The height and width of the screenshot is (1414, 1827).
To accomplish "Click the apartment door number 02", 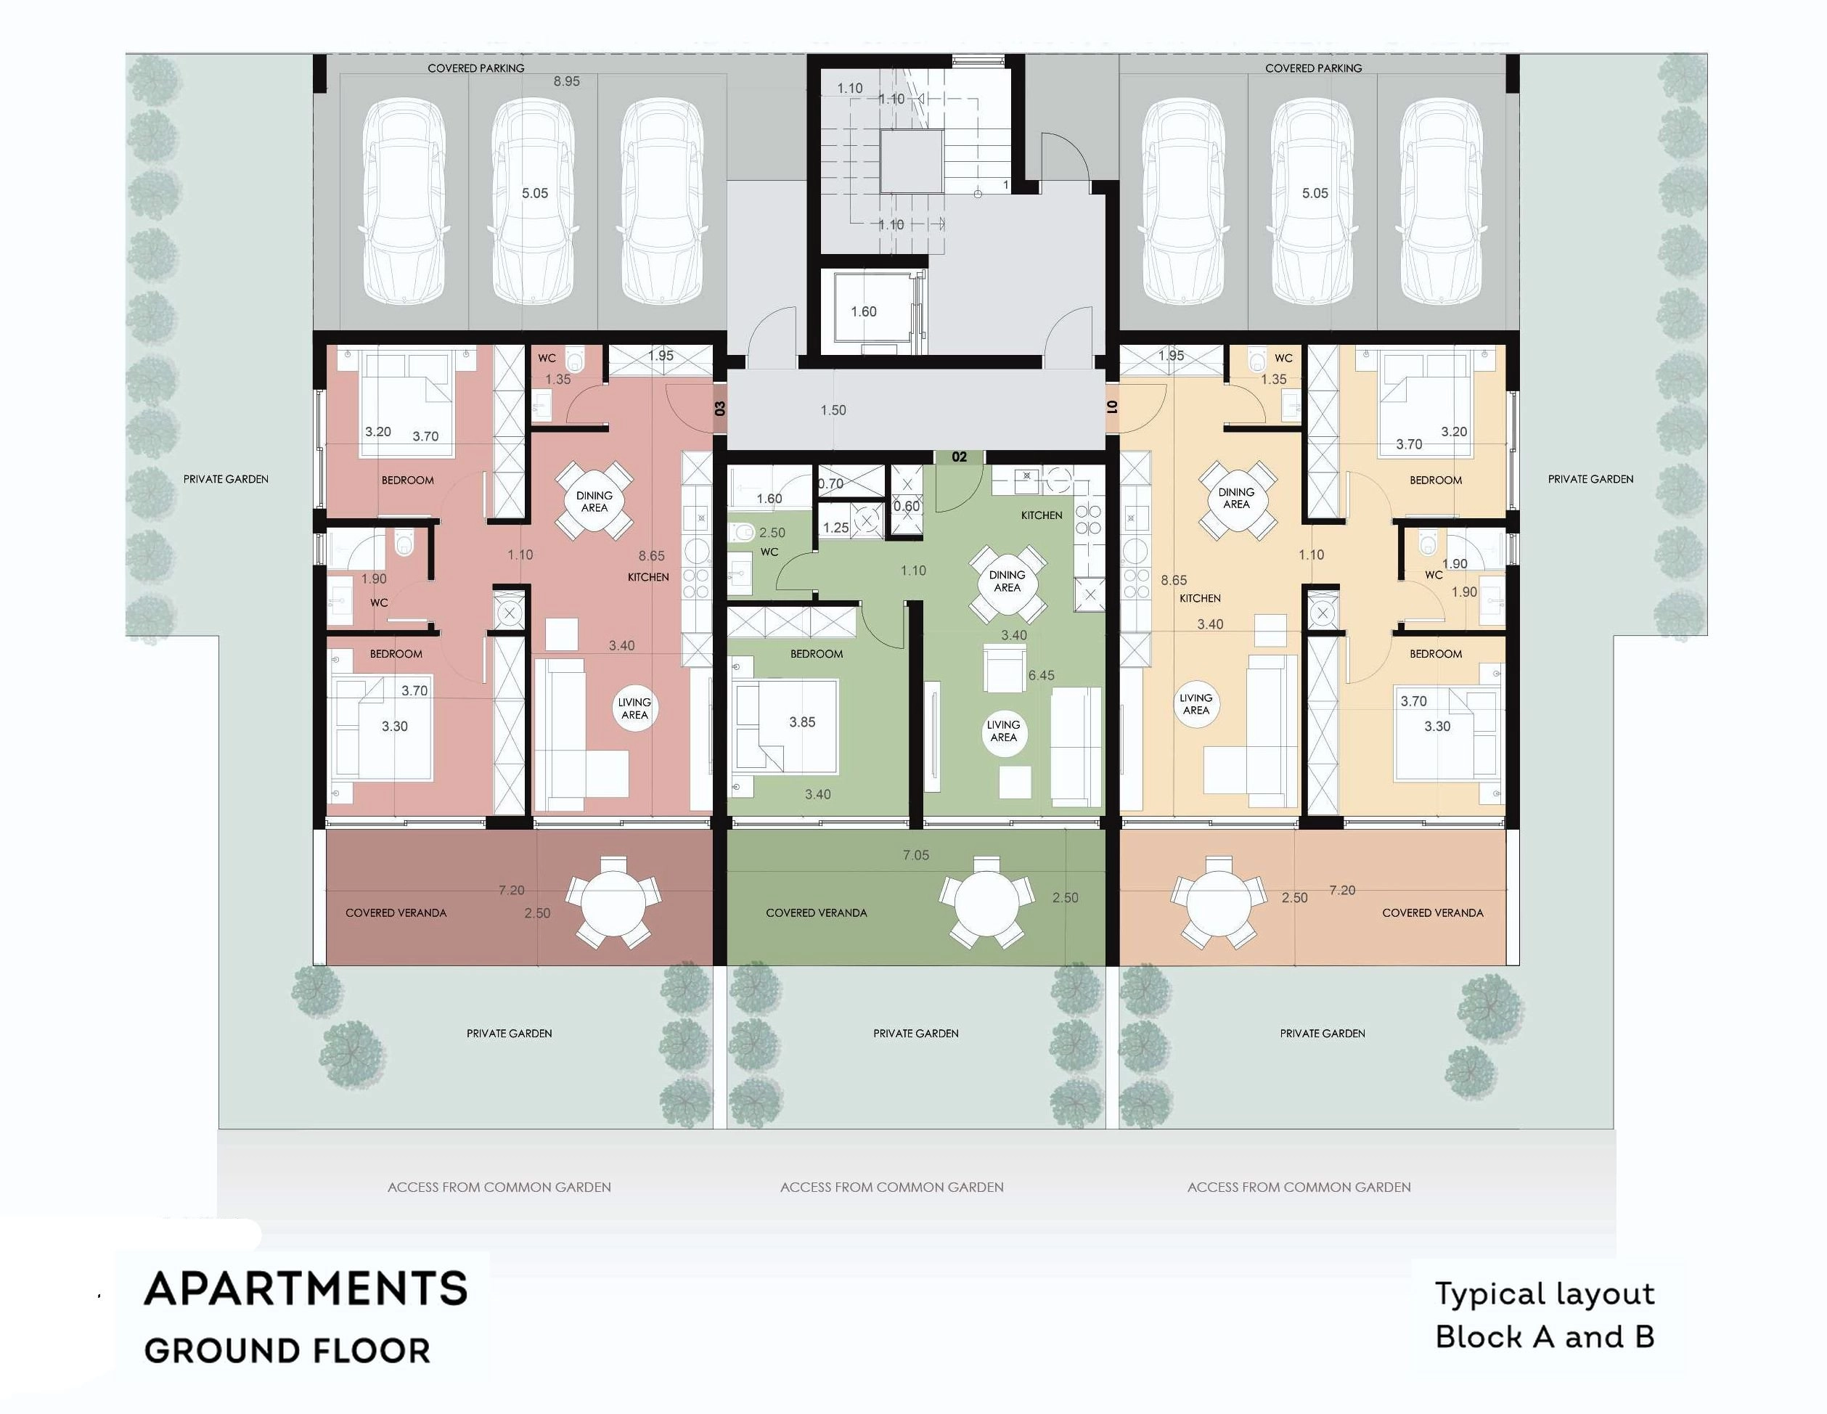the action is (x=959, y=457).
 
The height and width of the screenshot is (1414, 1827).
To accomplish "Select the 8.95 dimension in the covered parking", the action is (x=566, y=81).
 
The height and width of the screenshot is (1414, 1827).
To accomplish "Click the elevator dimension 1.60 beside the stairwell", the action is (x=863, y=311).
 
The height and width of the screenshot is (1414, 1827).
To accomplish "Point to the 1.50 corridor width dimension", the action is (x=833, y=410).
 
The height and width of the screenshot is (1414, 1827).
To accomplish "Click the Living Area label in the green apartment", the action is (x=1003, y=730).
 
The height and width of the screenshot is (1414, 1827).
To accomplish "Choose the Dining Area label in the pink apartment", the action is (x=594, y=501).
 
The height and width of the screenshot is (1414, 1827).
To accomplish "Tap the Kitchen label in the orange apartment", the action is (x=1200, y=598).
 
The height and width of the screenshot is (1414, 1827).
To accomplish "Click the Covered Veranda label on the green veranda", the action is (x=816, y=913).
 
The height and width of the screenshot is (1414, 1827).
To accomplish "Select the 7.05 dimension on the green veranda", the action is (x=916, y=855).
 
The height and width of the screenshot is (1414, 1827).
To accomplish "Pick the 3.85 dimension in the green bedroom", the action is (x=801, y=722).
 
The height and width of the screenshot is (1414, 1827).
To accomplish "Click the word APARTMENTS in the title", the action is (x=306, y=1288).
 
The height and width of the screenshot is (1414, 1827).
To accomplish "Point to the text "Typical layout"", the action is (x=1544, y=1295).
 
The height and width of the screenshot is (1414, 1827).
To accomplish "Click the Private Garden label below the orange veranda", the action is (x=1322, y=1034).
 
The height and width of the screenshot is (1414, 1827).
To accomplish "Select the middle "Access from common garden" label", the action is (x=892, y=1188).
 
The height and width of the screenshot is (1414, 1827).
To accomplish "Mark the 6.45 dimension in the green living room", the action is (x=1041, y=675).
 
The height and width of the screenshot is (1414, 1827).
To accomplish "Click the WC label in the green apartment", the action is (x=769, y=552).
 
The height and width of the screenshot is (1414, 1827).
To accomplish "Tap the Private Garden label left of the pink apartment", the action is (x=226, y=479).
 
